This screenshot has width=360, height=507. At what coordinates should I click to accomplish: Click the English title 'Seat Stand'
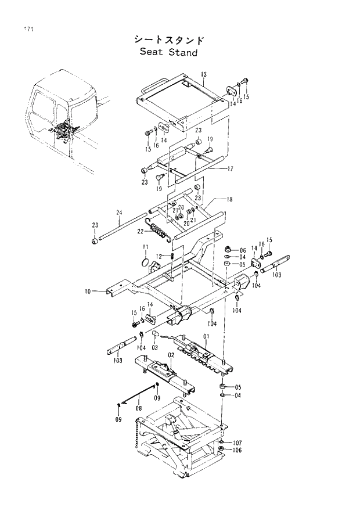[x=168, y=53]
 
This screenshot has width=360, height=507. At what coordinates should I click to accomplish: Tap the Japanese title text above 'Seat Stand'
[x=168, y=39]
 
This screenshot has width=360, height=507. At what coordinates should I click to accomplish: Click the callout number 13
[x=204, y=75]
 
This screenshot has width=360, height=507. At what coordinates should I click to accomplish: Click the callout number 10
[x=87, y=291]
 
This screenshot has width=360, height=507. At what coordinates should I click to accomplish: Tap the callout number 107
[x=238, y=442]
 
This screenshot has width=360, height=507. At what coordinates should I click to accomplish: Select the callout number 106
[x=238, y=450]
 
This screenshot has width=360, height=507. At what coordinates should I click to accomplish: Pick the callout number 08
[x=139, y=409]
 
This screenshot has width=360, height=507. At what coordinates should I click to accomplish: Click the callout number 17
[x=230, y=169]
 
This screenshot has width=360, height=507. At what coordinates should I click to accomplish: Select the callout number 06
[x=243, y=250]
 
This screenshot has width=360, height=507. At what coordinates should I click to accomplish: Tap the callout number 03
[x=155, y=348]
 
